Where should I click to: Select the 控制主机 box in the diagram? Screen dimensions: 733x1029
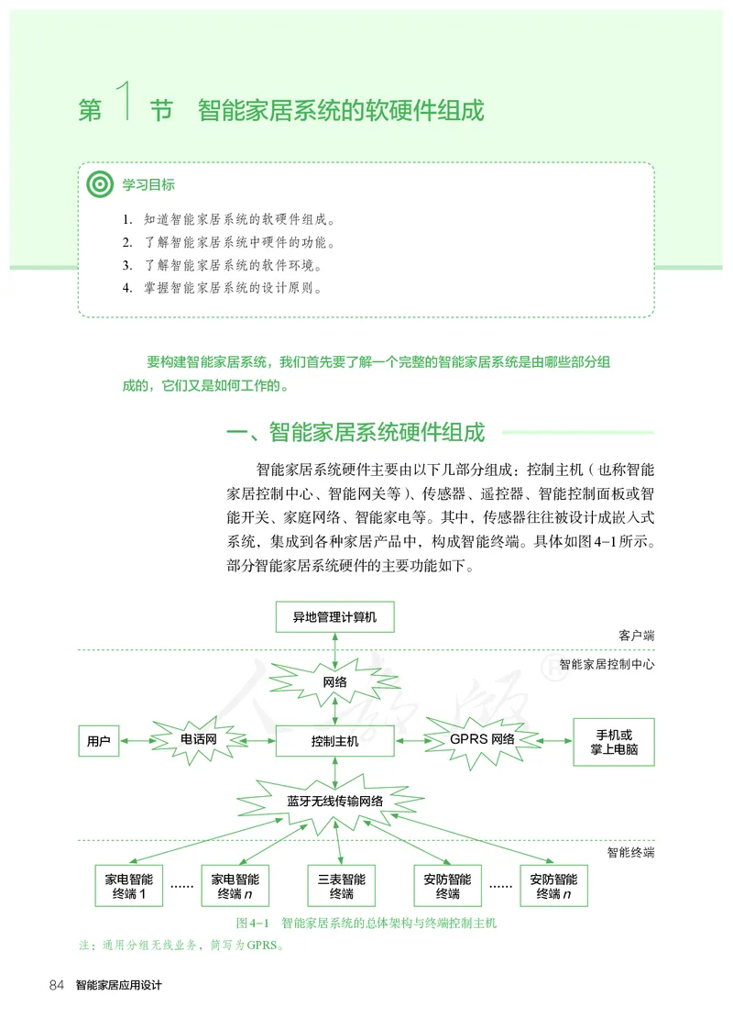(334, 740)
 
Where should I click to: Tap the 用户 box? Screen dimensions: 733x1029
(99, 740)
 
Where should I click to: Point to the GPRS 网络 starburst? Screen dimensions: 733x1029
(482, 739)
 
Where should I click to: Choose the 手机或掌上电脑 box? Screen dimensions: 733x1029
(614, 742)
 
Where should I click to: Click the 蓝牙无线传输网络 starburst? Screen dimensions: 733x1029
(335, 801)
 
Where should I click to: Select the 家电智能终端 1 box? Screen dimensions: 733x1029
(129, 886)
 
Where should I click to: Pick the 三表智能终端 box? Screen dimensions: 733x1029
(341, 886)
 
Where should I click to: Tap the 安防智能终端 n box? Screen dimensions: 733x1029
(553, 886)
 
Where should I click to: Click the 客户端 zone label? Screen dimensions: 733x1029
(636, 635)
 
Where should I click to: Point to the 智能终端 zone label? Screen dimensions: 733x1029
(630, 852)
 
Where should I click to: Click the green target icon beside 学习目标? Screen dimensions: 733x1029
(99, 184)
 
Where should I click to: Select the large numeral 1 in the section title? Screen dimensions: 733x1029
(127, 103)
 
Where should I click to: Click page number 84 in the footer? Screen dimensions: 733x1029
(56, 985)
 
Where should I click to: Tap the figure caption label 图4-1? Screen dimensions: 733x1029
(251, 923)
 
